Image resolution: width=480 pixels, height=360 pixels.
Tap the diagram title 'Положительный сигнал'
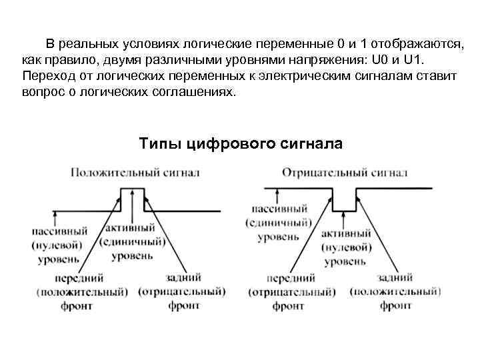tap(135, 173)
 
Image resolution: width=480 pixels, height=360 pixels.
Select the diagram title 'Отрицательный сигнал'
tap(345, 173)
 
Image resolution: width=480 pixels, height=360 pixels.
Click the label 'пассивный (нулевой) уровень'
tap(59, 245)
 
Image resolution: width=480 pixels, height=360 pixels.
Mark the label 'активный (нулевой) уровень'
tap(345, 247)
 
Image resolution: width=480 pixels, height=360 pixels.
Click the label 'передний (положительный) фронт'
tap(83, 291)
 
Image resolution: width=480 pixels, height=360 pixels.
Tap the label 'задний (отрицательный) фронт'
tap(181, 291)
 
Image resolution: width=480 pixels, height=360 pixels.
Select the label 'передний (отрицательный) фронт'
tap(291, 291)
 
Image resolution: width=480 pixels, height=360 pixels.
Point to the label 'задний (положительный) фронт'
tap(395, 291)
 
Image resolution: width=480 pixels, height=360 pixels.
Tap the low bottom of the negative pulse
tap(344, 210)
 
